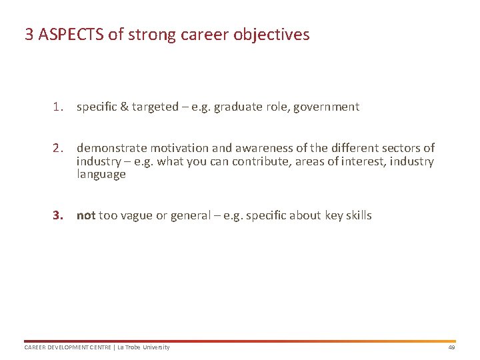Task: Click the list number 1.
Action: click(x=59, y=107)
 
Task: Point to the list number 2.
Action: click(x=59, y=148)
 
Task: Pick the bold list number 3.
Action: click(x=59, y=215)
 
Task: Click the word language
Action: click(x=101, y=175)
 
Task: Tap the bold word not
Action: click(x=86, y=215)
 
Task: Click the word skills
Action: click(x=359, y=215)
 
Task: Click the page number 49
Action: click(x=451, y=347)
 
